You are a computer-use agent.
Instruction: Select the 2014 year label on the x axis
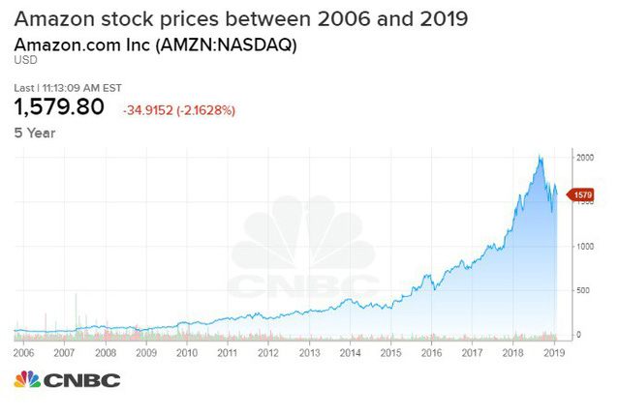point(349,354)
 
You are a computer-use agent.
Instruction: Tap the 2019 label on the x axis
point(553,354)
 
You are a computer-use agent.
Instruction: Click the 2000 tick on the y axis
point(583,157)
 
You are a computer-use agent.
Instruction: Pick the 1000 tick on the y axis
point(583,246)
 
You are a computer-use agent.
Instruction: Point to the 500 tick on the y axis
point(581,290)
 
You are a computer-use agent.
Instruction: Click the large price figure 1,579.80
point(59,108)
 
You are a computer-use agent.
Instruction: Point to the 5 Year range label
point(35,133)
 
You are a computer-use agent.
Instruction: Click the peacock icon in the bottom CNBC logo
point(27,380)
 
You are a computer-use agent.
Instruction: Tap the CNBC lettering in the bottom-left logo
point(82,380)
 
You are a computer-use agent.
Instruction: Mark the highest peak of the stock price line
point(540,156)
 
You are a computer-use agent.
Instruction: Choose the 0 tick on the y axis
point(577,335)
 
